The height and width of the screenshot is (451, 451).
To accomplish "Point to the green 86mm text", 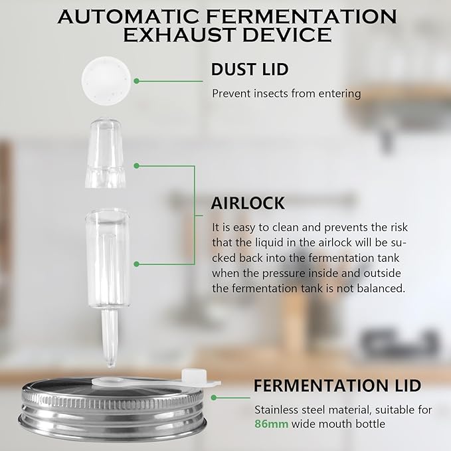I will click(x=271, y=423).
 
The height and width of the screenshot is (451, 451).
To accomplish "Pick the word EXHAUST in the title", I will click(x=178, y=35).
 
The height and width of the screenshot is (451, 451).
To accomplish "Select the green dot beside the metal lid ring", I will click(x=215, y=397).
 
